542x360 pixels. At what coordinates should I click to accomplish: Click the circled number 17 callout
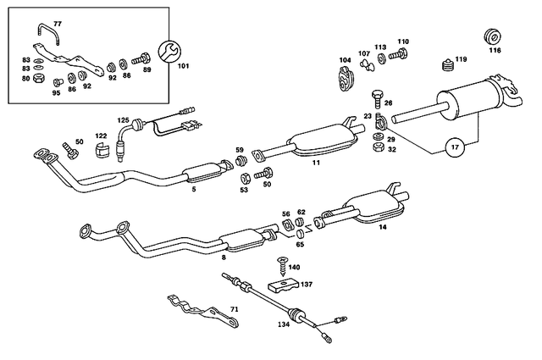coord(454,147)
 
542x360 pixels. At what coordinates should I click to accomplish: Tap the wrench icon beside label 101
coord(168,51)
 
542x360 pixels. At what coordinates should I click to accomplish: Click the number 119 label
coord(461,59)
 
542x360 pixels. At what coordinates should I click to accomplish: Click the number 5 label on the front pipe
coord(194,190)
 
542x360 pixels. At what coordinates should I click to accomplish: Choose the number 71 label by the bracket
coord(235,310)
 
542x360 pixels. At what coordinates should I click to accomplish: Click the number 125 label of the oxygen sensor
coord(123,122)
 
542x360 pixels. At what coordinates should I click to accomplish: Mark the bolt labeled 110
coord(400,55)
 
